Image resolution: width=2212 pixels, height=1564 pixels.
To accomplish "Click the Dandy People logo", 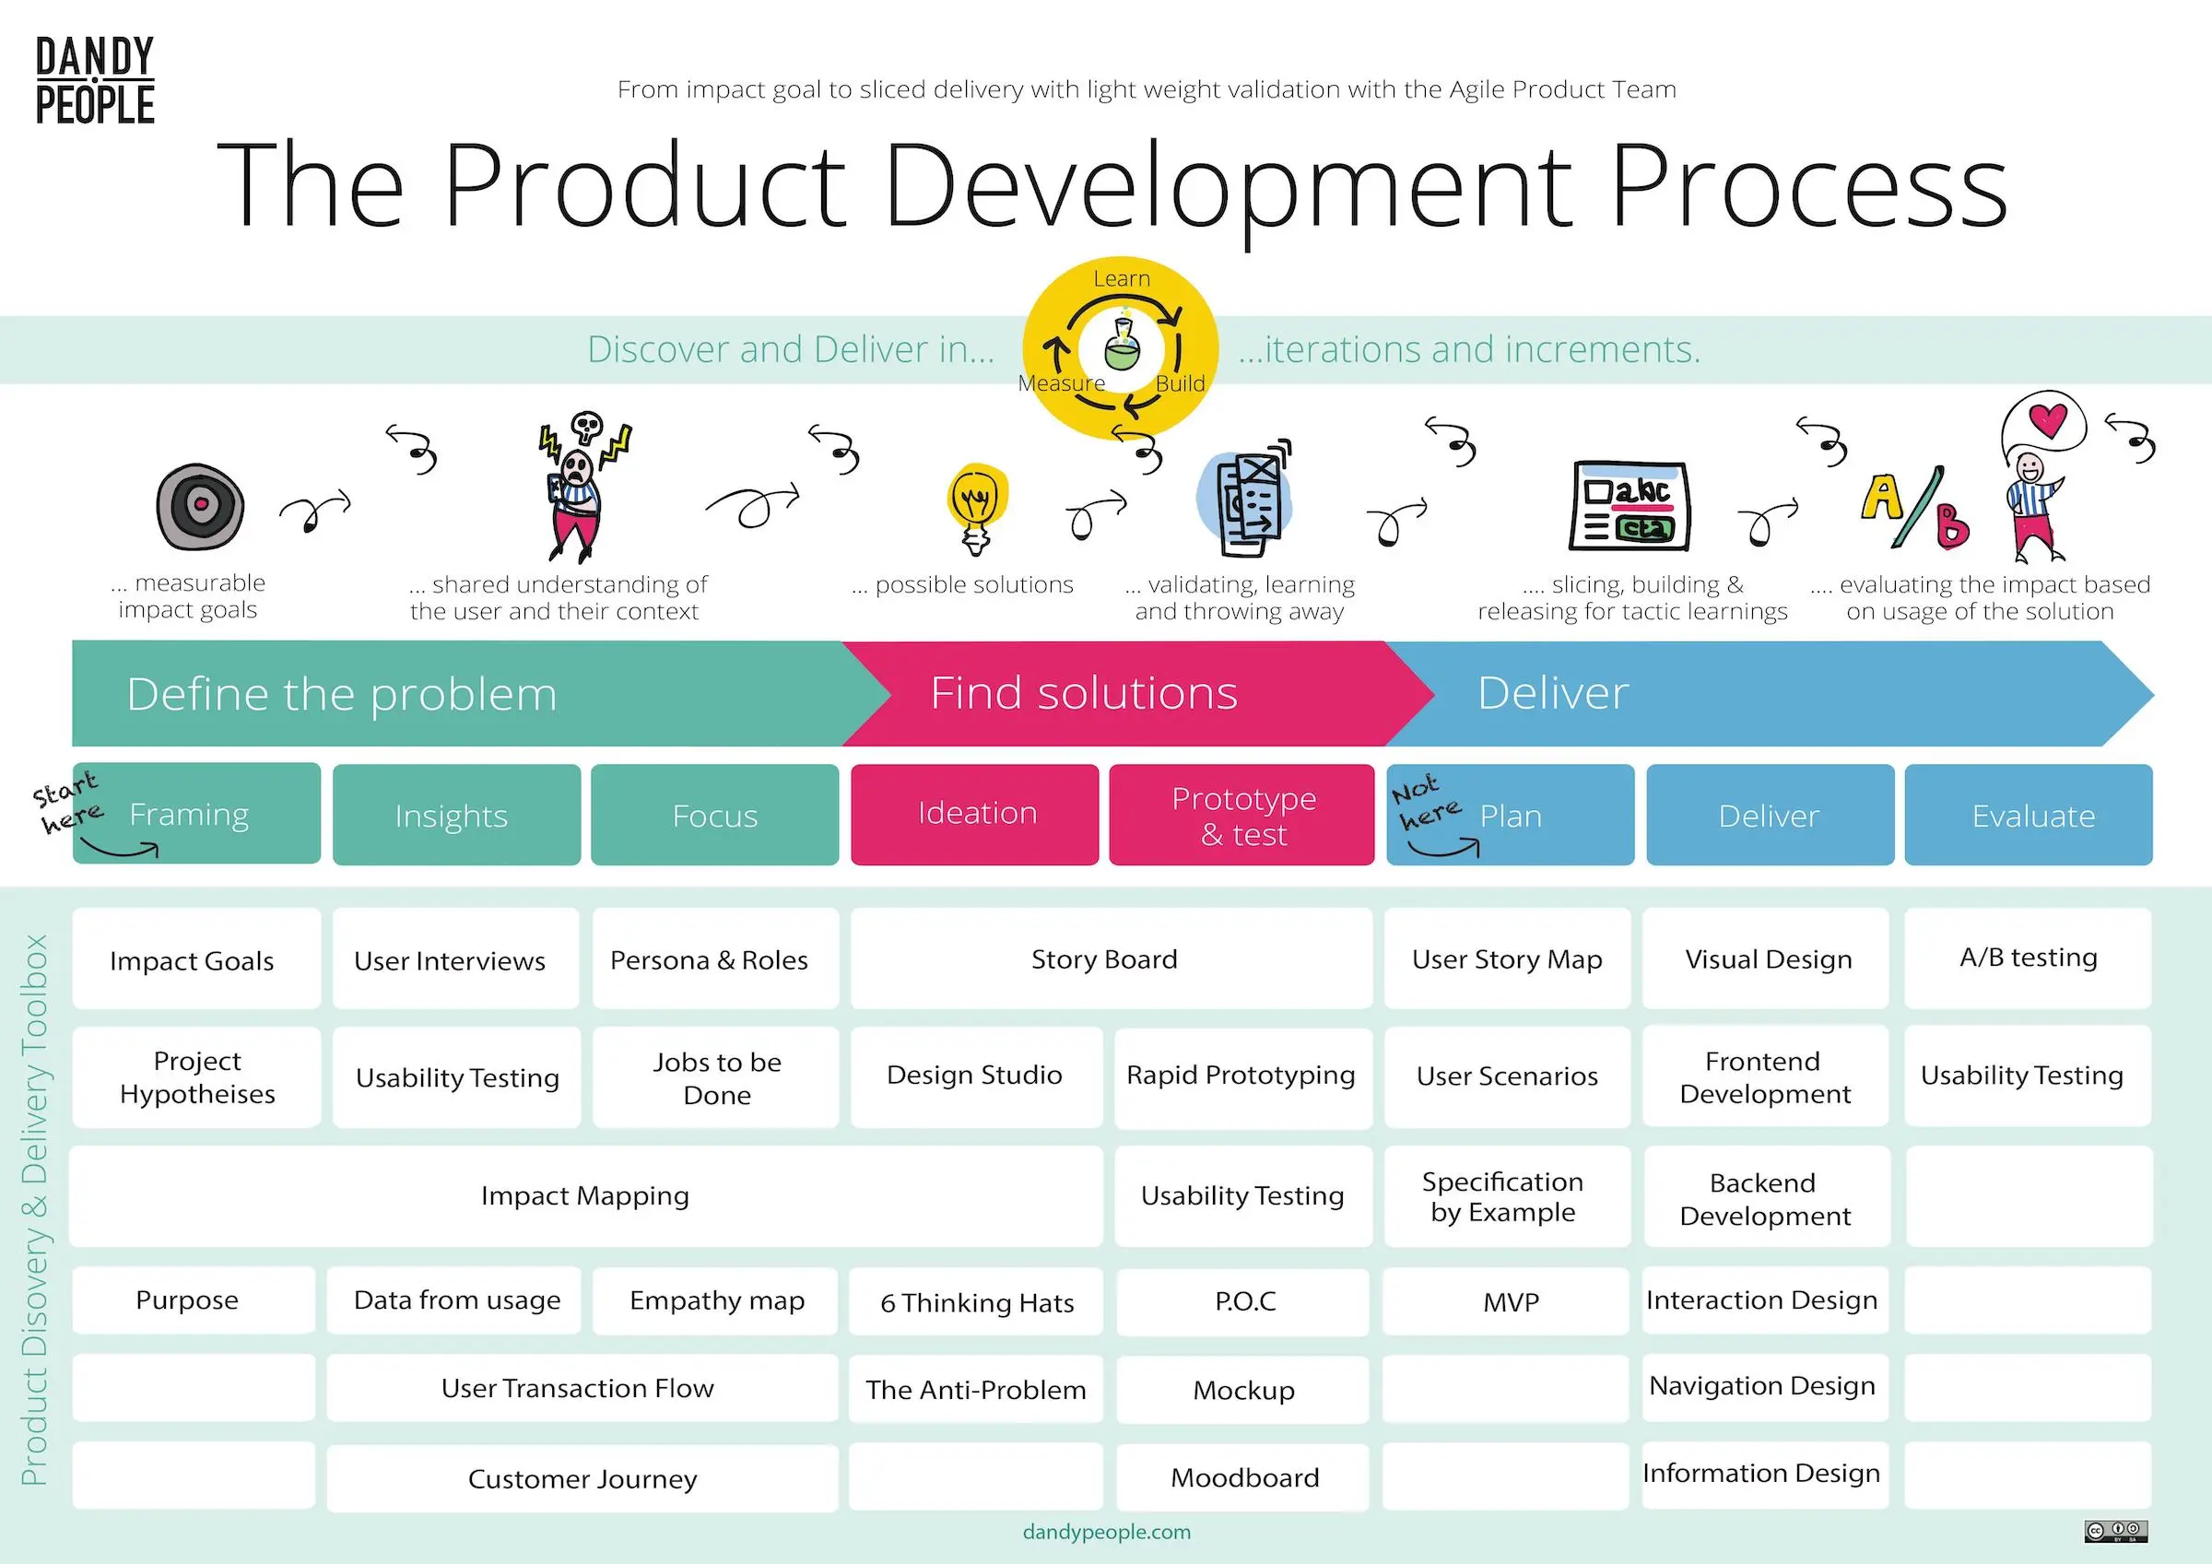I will tap(94, 81).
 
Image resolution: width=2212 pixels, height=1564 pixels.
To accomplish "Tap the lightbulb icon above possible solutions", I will tap(977, 507).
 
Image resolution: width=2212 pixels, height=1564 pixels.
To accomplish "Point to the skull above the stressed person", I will tap(586, 427).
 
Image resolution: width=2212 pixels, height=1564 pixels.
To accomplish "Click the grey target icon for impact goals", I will tap(200, 505).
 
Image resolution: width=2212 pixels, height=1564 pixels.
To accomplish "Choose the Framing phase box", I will tap(196, 815).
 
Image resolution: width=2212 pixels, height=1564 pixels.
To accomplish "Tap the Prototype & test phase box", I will tap(1241, 816).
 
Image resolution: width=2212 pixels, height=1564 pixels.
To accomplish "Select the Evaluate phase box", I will tap(2029, 816).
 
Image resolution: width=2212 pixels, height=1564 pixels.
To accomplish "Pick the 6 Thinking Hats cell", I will tap(976, 1302).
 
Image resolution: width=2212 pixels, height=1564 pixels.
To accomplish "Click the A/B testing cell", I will tap(2028, 958).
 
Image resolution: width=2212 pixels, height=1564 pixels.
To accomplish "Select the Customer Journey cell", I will tap(582, 1478).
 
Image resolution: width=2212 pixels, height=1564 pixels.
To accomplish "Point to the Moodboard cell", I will tap(1242, 1477).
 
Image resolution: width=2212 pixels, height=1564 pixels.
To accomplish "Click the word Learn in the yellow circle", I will tap(1122, 279).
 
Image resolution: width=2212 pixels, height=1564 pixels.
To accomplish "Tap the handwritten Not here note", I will tap(1424, 802).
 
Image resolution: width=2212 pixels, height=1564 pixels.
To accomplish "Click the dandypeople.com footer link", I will tap(1106, 1532).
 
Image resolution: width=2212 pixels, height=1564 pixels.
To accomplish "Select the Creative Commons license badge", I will tap(2115, 1531).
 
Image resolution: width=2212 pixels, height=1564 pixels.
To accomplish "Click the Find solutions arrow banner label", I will tap(1084, 694).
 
